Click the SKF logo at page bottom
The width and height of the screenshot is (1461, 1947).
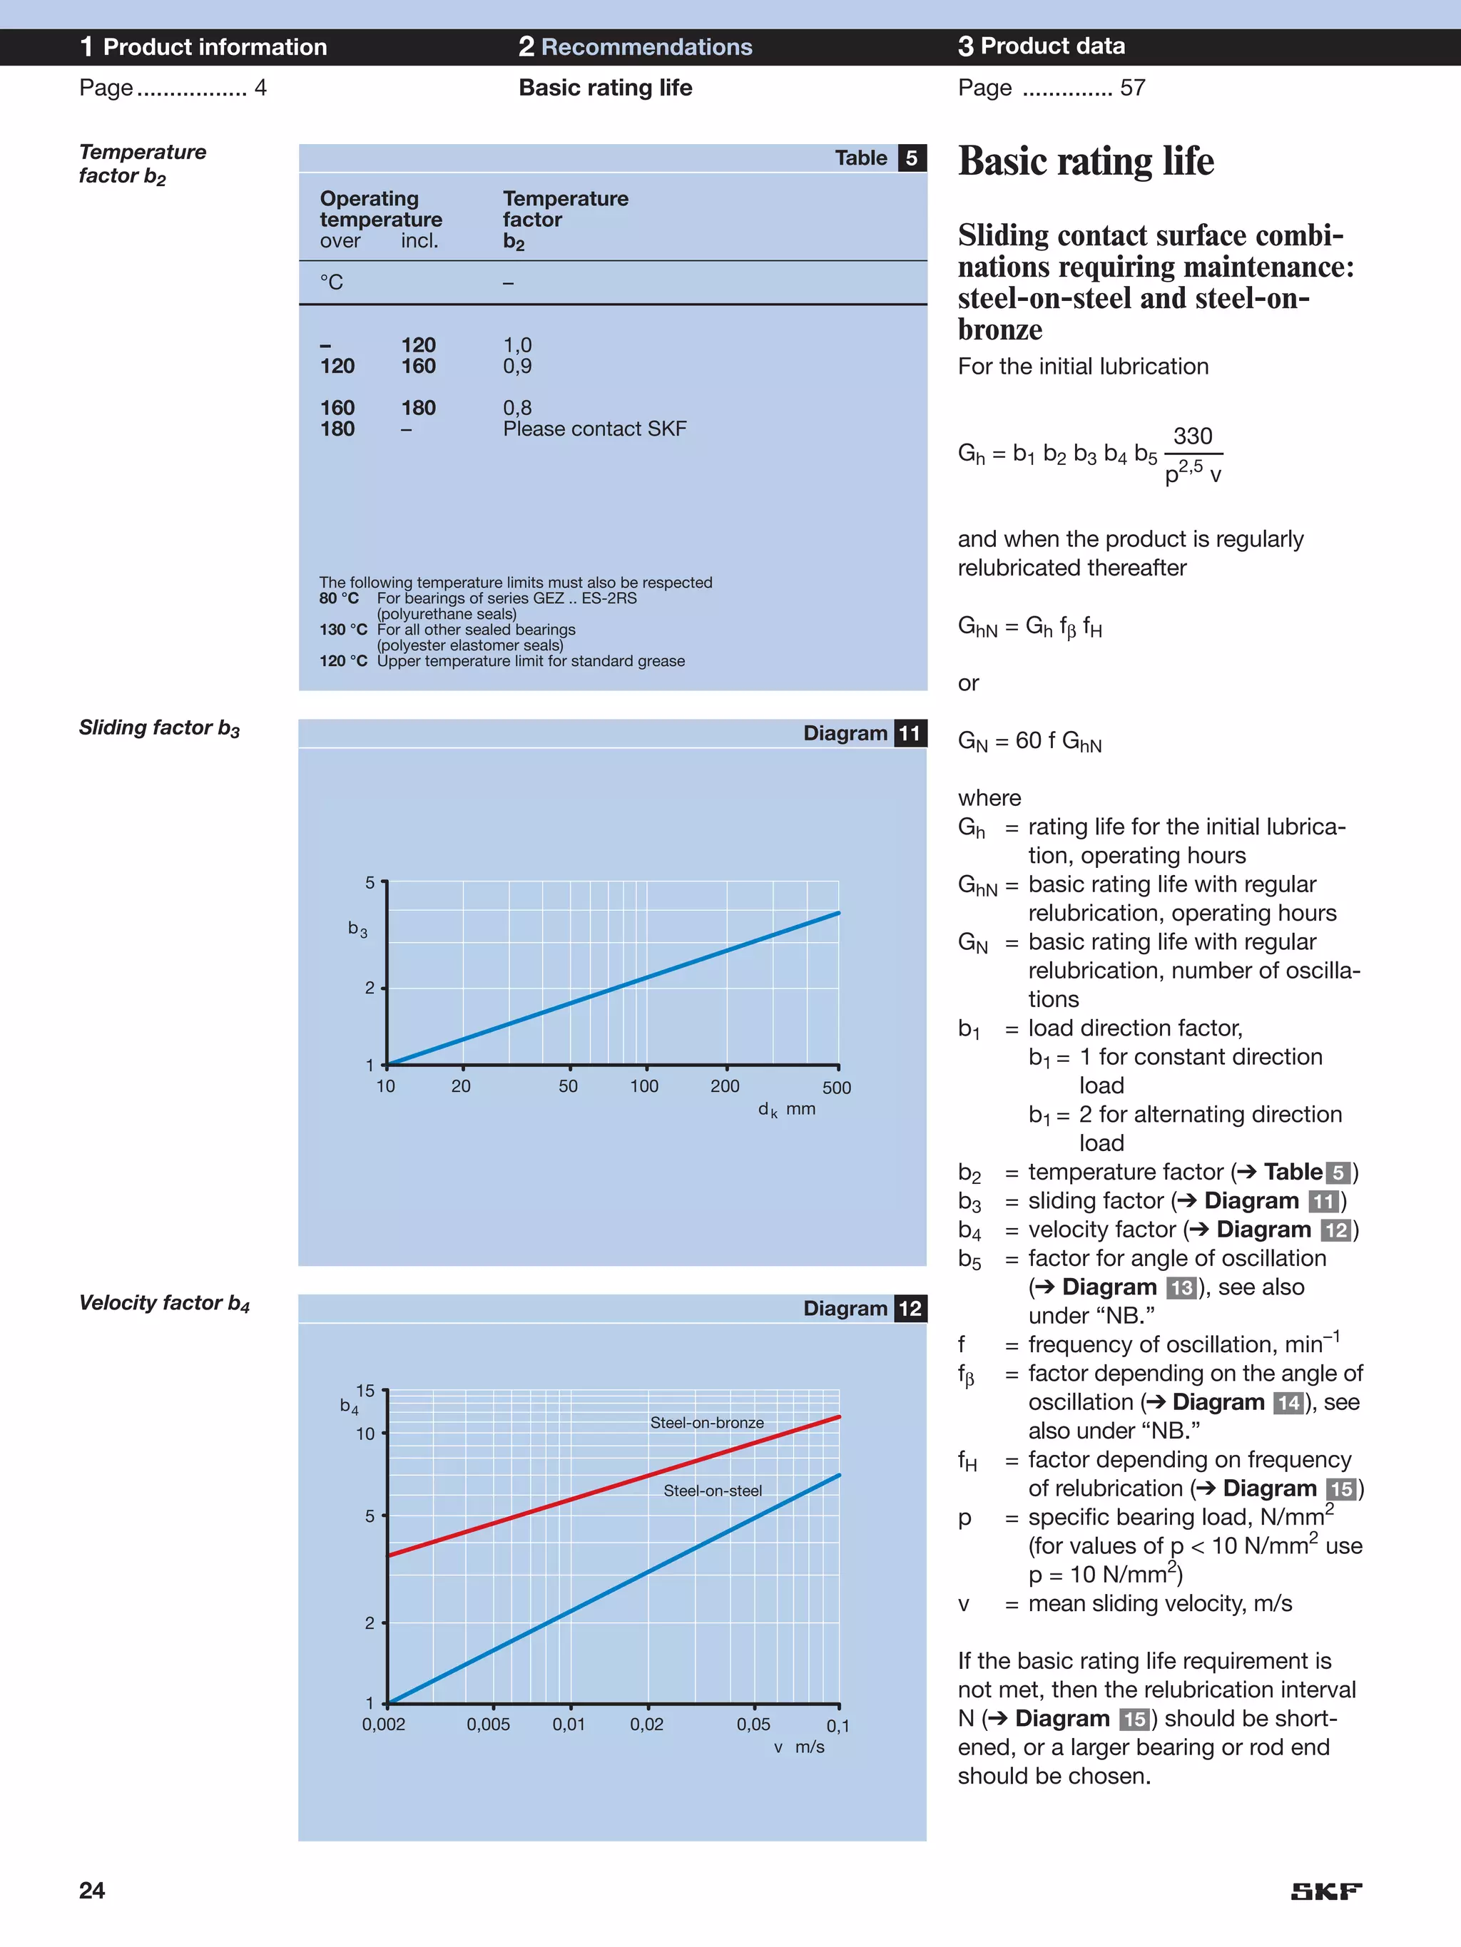[1325, 1891]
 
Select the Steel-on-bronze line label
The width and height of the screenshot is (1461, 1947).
[706, 1422]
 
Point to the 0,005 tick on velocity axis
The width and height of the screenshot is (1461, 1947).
[488, 1724]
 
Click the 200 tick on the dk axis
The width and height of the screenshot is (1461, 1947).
[725, 1086]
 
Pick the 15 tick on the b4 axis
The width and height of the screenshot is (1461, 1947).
[365, 1391]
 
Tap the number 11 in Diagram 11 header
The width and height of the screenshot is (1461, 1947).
[910, 733]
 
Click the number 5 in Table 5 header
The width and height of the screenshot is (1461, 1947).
[912, 158]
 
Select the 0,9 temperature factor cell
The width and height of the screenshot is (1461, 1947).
[517, 366]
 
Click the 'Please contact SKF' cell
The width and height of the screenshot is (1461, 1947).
[594, 429]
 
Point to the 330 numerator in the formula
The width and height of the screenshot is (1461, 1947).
[1192, 436]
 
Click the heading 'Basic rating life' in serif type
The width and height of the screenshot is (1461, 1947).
[1086, 162]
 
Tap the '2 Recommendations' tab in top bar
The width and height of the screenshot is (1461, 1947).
[635, 46]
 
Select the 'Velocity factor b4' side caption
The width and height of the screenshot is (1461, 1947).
[164, 1303]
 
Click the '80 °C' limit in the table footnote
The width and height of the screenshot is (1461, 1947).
[338, 598]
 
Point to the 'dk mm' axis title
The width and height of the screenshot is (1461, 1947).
[786, 1109]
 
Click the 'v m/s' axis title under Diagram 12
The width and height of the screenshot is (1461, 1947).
[799, 1747]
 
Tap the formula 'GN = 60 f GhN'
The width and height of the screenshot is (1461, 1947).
[1029, 741]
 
